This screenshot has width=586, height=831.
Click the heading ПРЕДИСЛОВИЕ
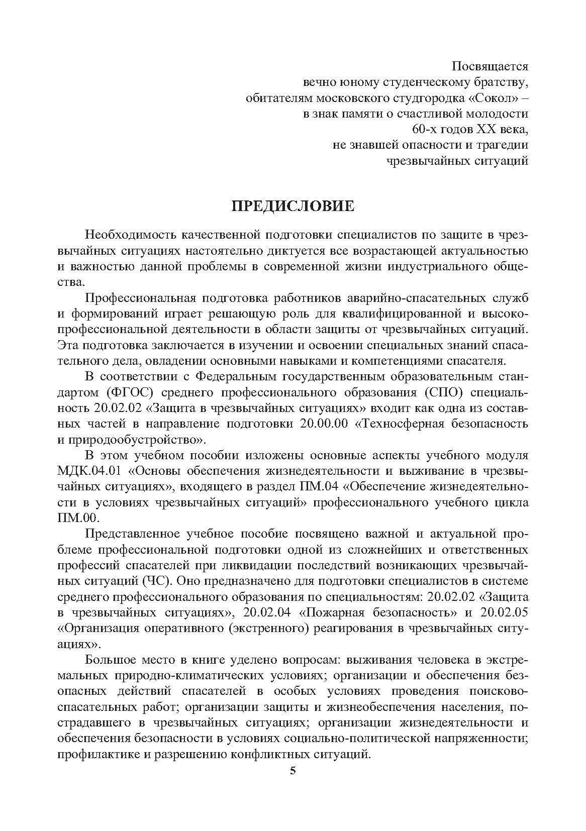click(x=292, y=206)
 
